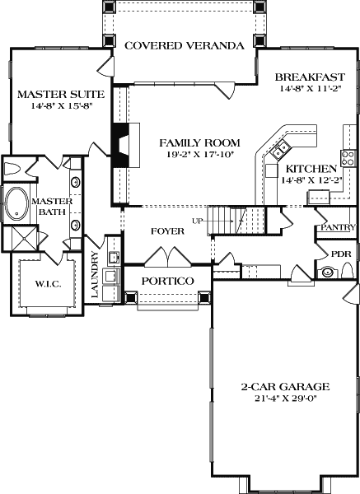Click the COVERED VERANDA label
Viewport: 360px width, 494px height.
point(184,46)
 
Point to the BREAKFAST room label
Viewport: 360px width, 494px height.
point(310,77)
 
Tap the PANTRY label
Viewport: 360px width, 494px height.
point(338,227)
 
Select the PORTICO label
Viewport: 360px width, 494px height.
point(167,281)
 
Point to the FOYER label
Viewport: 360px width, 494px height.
point(167,231)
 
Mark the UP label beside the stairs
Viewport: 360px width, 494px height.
point(197,221)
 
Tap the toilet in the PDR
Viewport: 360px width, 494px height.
point(347,272)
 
